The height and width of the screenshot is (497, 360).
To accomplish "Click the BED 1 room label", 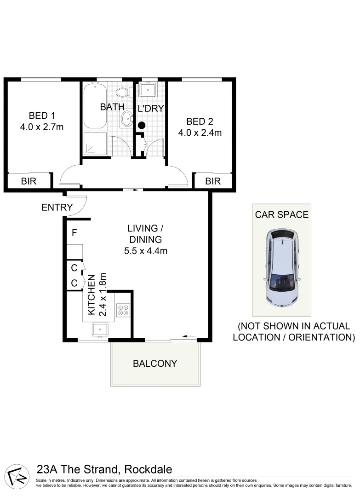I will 41,115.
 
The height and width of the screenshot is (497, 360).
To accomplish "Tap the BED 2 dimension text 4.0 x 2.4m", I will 200,133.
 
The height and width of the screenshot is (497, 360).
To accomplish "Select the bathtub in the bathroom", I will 95,105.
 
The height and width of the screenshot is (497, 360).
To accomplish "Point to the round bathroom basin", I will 127,120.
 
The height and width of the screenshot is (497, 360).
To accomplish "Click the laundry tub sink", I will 148,89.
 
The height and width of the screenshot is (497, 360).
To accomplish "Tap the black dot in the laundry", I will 142,125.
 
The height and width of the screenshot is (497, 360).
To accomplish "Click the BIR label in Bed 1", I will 29,181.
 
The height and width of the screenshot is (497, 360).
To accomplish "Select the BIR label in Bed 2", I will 213,181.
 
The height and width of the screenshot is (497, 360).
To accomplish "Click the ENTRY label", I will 57,208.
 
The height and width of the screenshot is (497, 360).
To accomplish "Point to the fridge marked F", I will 74,233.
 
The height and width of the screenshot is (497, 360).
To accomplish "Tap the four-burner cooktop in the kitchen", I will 123,310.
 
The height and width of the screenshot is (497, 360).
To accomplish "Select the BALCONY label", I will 155,363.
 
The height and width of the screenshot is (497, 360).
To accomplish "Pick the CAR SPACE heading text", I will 281,214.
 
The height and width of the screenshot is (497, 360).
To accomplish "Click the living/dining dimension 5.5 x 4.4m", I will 145,251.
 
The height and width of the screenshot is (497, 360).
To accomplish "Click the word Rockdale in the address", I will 148,469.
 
